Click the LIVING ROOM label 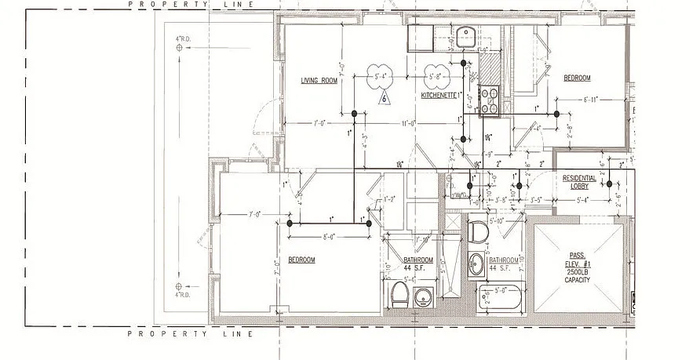point(319,81)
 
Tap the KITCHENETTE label point(439,96)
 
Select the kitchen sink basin point(465,34)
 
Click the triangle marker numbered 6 point(385,98)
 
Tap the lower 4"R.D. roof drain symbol point(180,285)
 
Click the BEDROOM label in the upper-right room point(577,78)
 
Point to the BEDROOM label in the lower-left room point(301,260)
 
